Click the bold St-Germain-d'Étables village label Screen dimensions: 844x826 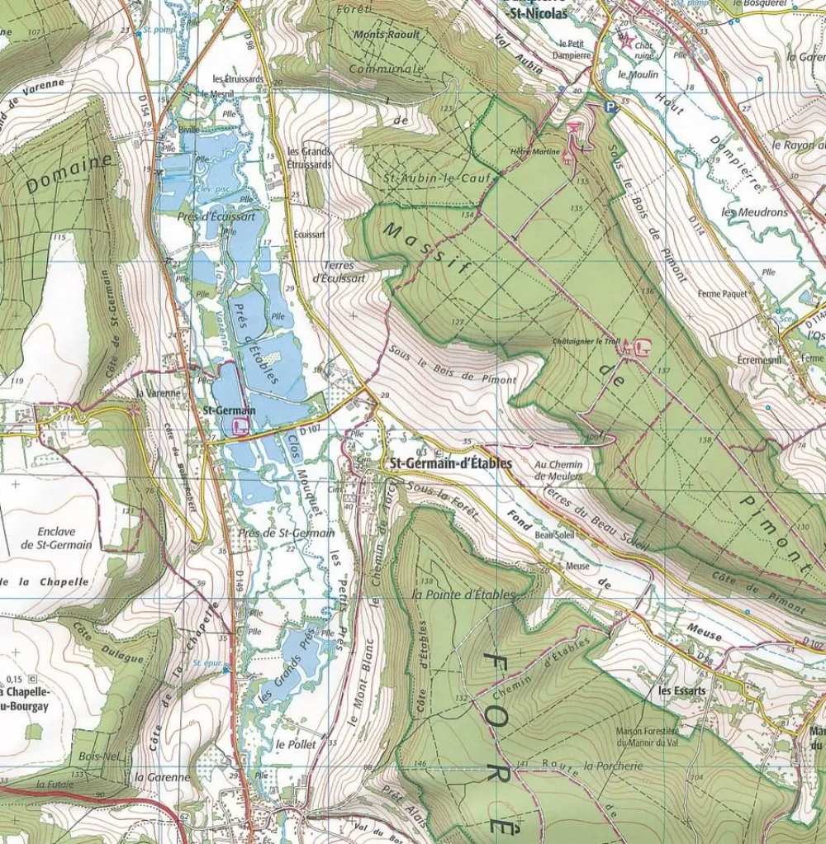coord(449,463)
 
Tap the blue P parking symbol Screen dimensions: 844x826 coord(610,106)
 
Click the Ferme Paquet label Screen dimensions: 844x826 coord(722,293)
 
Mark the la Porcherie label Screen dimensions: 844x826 coord(613,766)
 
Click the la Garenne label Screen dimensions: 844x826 coord(163,777)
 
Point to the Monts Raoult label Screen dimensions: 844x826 coord(387,35)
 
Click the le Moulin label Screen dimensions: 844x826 coord(638,74)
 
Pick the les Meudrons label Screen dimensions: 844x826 coord(754,212)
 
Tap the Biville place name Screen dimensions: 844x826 coord(189,129)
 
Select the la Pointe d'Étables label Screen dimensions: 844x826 coord(463,595)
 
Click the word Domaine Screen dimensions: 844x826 coord(69,174)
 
